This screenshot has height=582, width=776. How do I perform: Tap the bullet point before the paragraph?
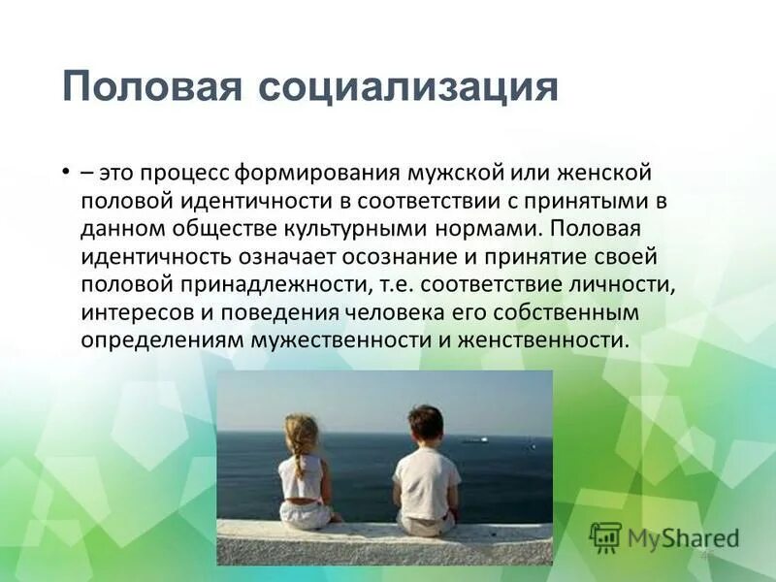tap(64, 171)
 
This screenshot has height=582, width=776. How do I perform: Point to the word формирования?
tap(310, 173)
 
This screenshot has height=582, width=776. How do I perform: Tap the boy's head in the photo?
tap(425, 425)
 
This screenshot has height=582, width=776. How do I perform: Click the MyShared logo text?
tap(682, 536)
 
